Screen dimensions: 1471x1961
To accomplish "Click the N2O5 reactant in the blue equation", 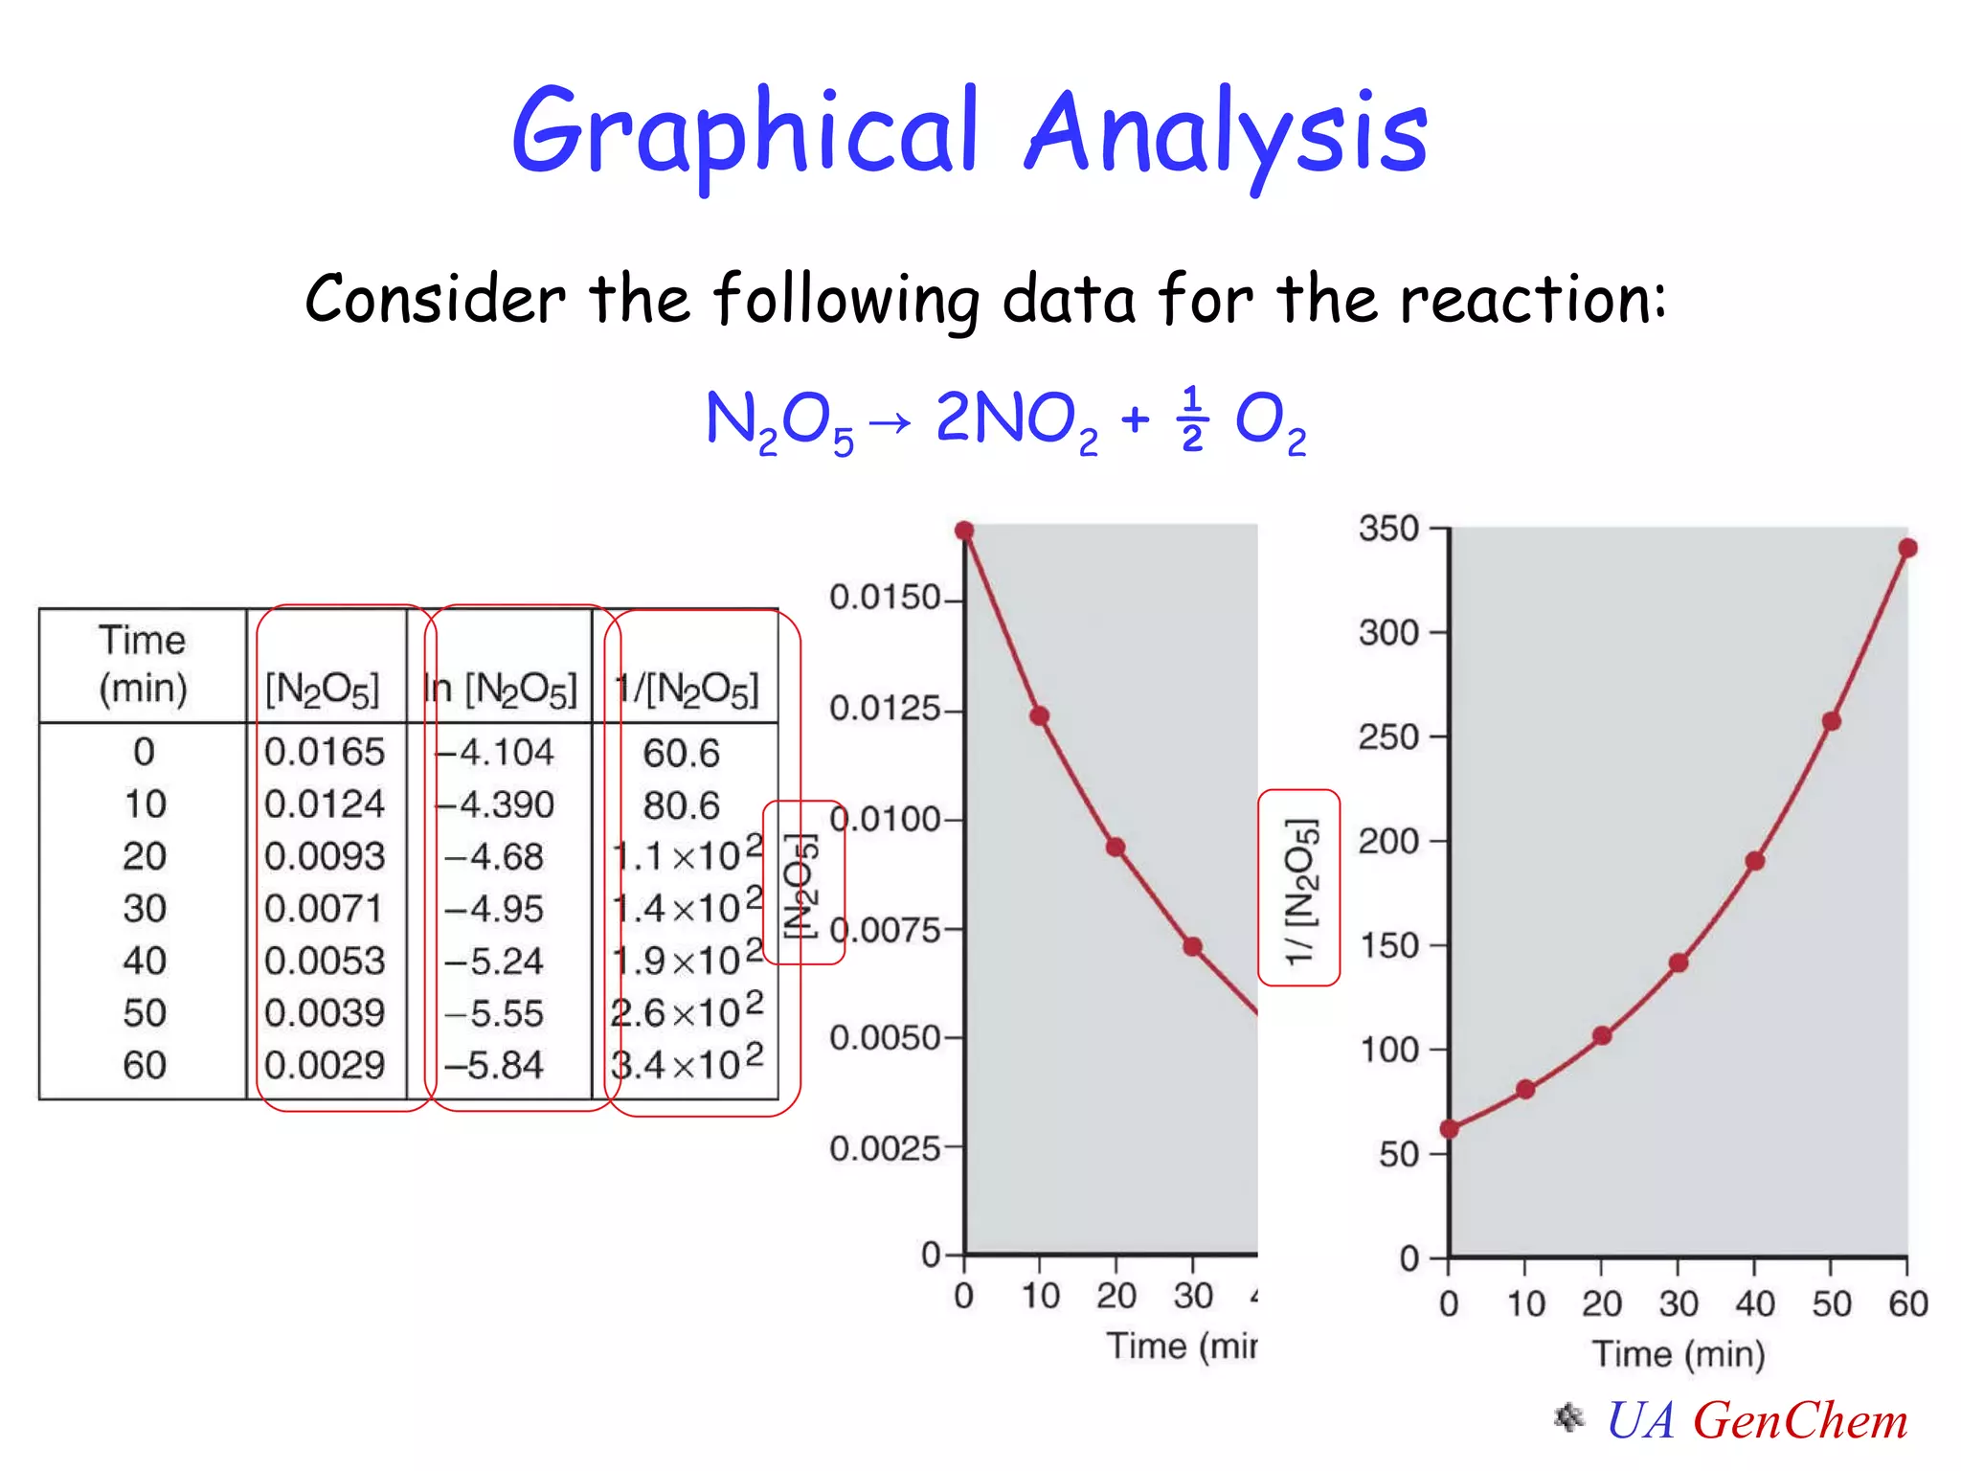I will [778, 421].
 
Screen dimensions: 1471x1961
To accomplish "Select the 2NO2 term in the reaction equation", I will [1015, 421].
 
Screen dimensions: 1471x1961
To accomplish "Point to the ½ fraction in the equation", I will [1191, 419].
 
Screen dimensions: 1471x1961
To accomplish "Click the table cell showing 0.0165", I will [325, 752].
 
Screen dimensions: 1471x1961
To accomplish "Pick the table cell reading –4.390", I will [497, 804].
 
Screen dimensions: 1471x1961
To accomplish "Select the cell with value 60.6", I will [681, 754].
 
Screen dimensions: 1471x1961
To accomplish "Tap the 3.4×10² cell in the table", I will [687, 1064].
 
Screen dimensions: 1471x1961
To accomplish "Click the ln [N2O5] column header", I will [501, 689].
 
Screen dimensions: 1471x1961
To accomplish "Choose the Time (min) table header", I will [143, 664].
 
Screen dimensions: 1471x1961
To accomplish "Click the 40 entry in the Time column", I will [145, 961].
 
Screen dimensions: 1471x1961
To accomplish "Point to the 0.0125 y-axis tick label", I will [886, 709].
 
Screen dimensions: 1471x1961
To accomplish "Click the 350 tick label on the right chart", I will [1388, 529].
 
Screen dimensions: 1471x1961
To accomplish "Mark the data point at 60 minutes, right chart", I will [1907, 548].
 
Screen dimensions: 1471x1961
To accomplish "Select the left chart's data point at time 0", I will [964, 531].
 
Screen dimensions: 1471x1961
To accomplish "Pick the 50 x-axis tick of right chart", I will [1831, 1304].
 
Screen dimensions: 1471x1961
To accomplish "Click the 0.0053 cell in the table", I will [325, 961].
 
